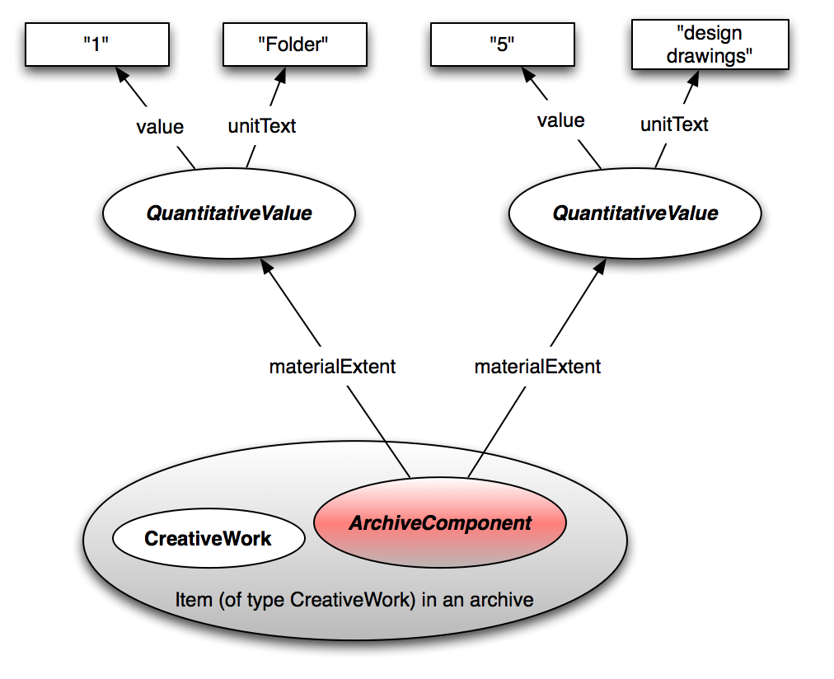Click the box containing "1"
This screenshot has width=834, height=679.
tap(97, 44)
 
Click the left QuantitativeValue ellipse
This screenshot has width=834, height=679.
tap(228, 213)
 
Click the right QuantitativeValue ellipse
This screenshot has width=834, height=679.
tap(635, 213)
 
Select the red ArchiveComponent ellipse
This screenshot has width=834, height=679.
tap(440, 523)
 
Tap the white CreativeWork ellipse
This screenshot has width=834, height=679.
tap(208, 539)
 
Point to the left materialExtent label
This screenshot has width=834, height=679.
tap(332, 367)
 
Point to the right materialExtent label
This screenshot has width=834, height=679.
tap(537, 367)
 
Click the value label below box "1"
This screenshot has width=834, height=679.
tap(160, 127)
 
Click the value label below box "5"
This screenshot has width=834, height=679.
tap(560, 120)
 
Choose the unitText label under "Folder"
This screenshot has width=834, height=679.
tap(261, 127)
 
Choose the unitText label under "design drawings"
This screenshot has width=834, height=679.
tap(674, 124)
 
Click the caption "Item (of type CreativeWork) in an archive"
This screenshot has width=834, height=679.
tap(354, 599)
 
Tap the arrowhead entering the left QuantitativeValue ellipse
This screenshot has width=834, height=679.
tap(265, 266)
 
